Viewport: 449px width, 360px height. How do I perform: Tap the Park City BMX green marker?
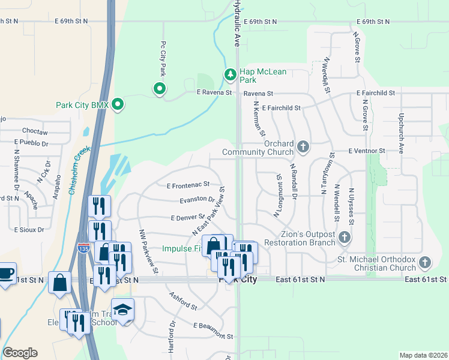point(118,105)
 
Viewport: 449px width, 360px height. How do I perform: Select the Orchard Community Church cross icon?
point(304,146)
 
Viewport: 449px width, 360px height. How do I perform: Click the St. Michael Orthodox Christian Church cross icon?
point(425,262)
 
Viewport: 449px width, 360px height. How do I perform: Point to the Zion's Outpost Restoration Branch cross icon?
point(345,238)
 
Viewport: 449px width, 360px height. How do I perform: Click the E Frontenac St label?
point(188,185)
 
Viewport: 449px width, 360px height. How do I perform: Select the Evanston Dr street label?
point(197,199)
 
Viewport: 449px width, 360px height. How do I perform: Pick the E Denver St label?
point(188,217)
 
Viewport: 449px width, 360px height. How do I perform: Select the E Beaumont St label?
point(212,328)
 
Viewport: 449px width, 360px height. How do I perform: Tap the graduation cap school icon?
point(122,310)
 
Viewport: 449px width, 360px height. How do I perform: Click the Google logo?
point(20,353)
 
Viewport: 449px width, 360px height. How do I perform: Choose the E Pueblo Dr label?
point(31,143)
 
